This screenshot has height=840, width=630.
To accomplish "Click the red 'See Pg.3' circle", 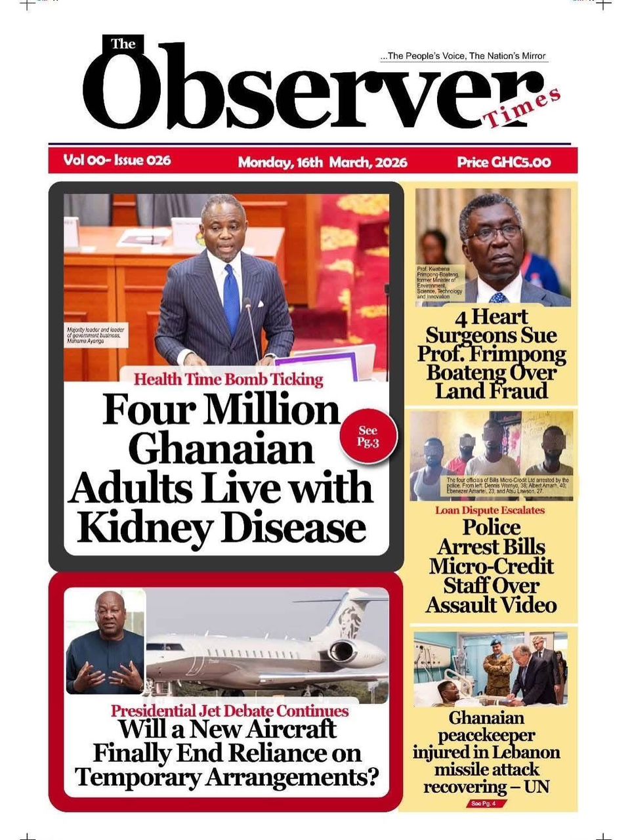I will pyautogui.click(x=368, y=436).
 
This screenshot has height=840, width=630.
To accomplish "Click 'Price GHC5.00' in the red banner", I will pyautogui.click(x=503, y=162).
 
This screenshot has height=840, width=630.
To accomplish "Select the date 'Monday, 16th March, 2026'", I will pyautogui.click(x=322, y=162).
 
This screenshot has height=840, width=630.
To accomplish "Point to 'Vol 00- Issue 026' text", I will pyautogui.click(x=117, y=160).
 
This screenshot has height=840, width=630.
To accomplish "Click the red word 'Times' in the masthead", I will pyautogui.click(x=522, y=109).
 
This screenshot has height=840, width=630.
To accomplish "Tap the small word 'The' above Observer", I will pyautogui.click(x=123, y=45).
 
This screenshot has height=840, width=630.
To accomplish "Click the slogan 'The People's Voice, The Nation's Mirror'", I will pyautogui.click(x=465, y=56).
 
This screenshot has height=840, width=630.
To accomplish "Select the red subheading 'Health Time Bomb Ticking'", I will pyautogui.click(x=228, y=379).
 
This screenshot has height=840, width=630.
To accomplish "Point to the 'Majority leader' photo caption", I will pyautogui.click(x=95, y=334).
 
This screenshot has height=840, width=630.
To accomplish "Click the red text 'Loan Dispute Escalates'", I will pyautogui.click(x=490, y=510).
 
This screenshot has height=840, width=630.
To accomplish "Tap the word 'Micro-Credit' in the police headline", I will pyautogui.click(x=492, y=566).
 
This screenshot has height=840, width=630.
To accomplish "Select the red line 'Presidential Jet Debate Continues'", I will pyautogui.click(x=230, y=711).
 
